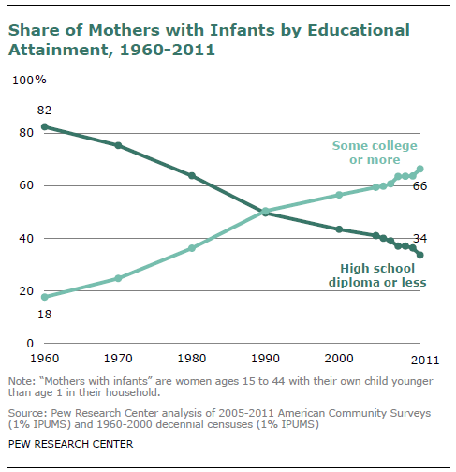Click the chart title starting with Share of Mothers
(209, 39)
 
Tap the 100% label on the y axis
(29, 81)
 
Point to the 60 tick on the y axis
(26, 185)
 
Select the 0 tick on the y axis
(30, 344)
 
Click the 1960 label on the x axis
(44, 359)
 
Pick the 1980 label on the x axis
(192, 359)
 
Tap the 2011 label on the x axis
(425, 361)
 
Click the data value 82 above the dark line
(44, 111)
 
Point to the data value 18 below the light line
(44, 315)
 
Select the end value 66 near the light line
(419, 186)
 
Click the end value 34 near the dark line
(419, 239)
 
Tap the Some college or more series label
(375, 153)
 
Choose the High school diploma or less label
(377, 275)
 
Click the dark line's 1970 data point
(118, 145)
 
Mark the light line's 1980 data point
(192, 248)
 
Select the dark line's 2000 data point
(339, 229)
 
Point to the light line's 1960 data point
(45, 297)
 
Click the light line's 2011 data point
(420, 169)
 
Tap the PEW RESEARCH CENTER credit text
(70, 444)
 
